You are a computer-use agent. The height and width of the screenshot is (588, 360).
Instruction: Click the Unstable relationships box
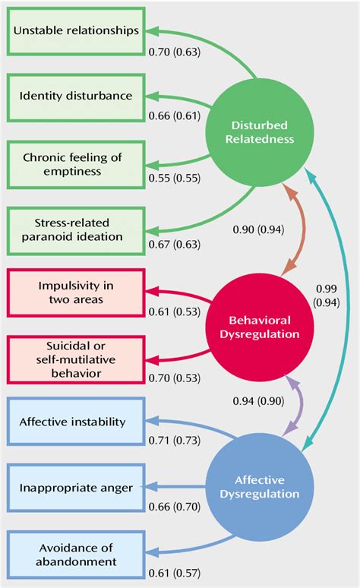76,31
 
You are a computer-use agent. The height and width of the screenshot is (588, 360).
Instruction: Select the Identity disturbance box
76,96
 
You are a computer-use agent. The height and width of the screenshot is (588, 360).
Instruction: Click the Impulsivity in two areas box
76,292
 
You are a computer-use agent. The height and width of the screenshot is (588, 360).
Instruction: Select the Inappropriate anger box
76,487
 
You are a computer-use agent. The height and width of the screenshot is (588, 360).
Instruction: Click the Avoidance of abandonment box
76,555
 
